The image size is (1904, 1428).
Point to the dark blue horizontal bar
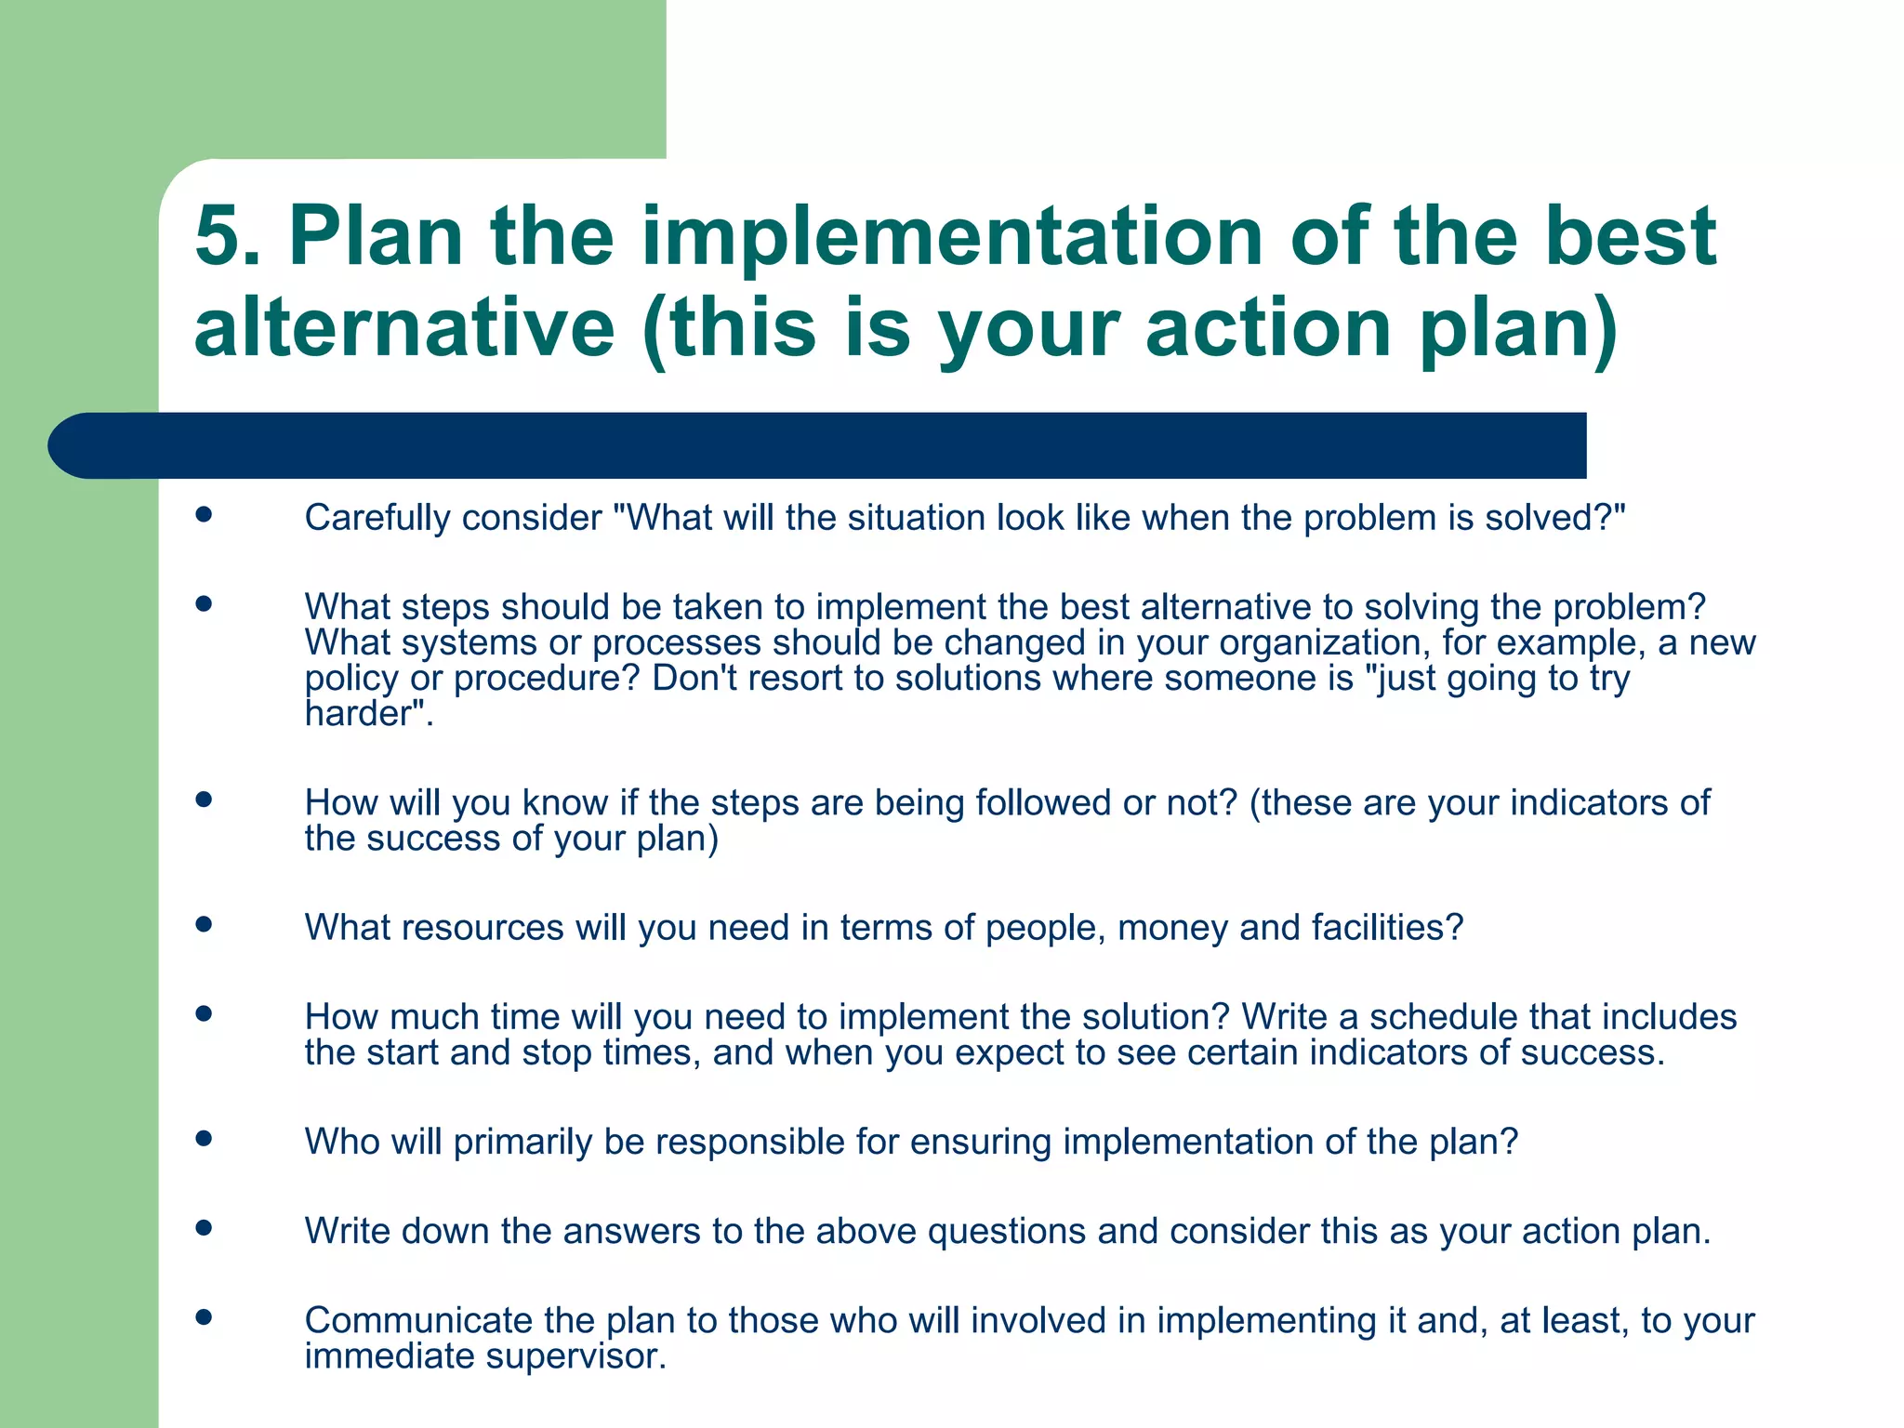coord(818,445)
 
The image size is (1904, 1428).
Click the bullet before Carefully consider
coord(205,514)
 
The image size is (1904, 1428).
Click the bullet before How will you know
coord(205,800)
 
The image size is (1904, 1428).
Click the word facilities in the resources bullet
coord(1378,928)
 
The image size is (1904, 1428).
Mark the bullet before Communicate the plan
coord(205,1317)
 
